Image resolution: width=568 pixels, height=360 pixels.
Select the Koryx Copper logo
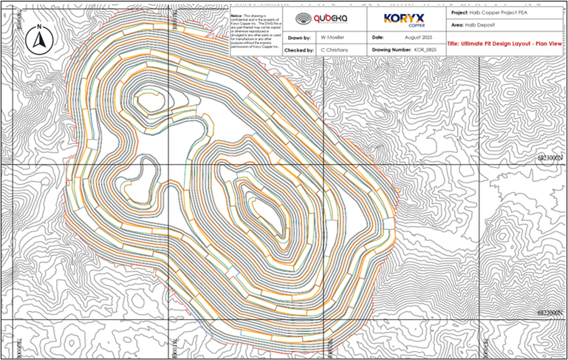tap(403, 19)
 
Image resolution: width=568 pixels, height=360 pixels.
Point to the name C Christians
tap(334, 49)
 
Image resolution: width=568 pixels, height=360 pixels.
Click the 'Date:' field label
tap(378, 36)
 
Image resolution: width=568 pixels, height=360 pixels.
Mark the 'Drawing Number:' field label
tap(391, 49)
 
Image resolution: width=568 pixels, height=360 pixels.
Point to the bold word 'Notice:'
tap(236, 14)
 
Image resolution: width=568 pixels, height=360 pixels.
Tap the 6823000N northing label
tap(552, 157)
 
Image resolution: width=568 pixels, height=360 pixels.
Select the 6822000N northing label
tap(552, 313)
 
